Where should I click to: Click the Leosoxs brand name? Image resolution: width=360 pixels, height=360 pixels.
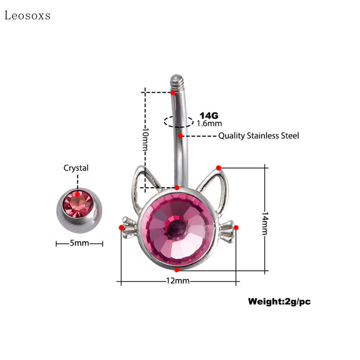click(27, 16)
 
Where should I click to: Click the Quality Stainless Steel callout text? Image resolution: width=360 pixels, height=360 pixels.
click(258, 135)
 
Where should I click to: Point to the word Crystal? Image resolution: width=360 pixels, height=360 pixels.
click(76, 168)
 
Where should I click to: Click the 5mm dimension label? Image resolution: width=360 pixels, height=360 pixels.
click(79, 243)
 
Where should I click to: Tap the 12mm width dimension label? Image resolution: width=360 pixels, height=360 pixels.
click(178, 281)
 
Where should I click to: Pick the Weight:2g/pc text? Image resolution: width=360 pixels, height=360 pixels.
click(279, 301)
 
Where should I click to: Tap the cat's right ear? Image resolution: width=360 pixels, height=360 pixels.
click(211, 180)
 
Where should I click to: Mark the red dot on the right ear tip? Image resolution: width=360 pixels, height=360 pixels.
click(218, 168)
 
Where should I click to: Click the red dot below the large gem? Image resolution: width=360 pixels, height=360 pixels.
click(177, 270)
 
